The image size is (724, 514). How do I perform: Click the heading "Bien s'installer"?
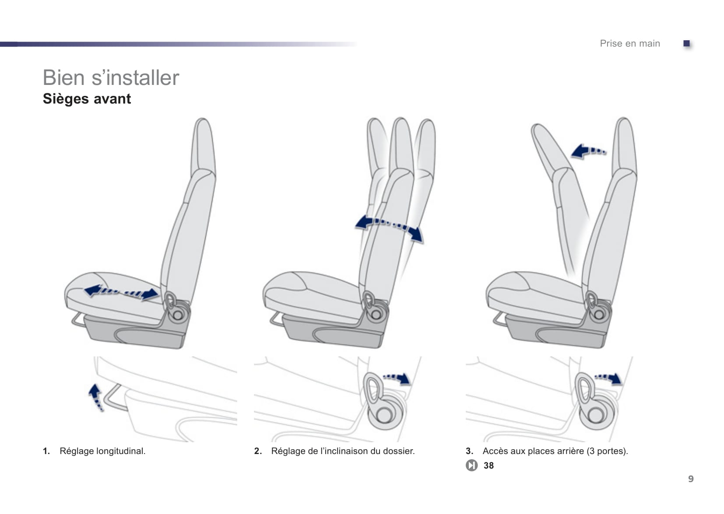[x=111, y=78]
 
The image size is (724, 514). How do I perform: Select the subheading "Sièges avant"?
[x=87, y=99]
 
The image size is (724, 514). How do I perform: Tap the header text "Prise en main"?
[x=629, y=43]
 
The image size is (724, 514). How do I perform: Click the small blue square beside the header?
[x=686, y=43]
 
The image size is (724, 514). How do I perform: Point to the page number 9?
[x=691, y=479]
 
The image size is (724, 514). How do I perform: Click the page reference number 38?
[x=489, y=465]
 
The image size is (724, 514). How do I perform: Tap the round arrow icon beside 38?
[x=471, y=465]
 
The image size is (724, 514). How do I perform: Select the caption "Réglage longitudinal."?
[x=102, y=451]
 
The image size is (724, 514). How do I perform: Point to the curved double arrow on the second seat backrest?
[x=389, y=227]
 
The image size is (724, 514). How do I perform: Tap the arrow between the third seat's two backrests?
[x=588, y=151]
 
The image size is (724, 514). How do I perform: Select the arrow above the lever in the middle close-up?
[x=397, y=378]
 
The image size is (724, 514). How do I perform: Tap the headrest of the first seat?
[x=203, y=144]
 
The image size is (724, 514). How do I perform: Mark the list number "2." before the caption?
[x=258, y=451]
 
